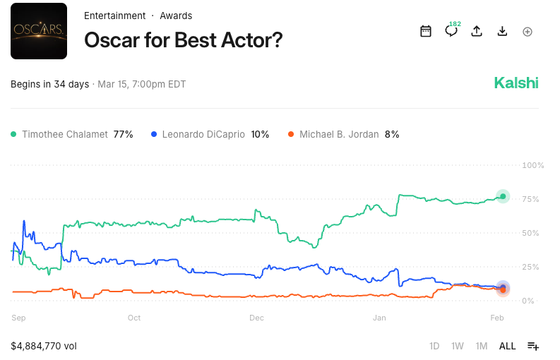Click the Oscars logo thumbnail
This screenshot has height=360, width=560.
click(x=39, y=31)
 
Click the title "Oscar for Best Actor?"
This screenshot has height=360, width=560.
click(x=183, y=40)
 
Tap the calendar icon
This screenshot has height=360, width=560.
click(x=425, y=31)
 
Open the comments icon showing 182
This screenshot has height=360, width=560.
click(x=451, y=31)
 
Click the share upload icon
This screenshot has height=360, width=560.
click(x=477, y=31)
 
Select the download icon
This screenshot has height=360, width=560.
click(x=502, y=31)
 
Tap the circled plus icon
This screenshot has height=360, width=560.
click(x=528, y=32)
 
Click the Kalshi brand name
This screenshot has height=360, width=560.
click(x=516, y=83)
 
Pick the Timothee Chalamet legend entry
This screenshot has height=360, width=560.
click(x=71, y=134)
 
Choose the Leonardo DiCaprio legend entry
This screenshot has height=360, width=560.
click(x=210, y=134)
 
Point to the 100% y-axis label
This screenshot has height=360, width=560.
click(x=532, y=165)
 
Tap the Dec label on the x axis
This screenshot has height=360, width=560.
click(x=256, y=318)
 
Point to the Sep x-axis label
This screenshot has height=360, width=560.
click(x=18, y=318)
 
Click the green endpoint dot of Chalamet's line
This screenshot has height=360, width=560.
click(x=503, y=196)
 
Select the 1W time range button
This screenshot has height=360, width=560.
click(x=458, y=346)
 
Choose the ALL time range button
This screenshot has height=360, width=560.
click(x=507, y=346)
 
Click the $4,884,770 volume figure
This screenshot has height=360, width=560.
click(x=43, y=346)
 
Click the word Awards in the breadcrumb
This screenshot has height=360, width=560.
click(x=176, y=16)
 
